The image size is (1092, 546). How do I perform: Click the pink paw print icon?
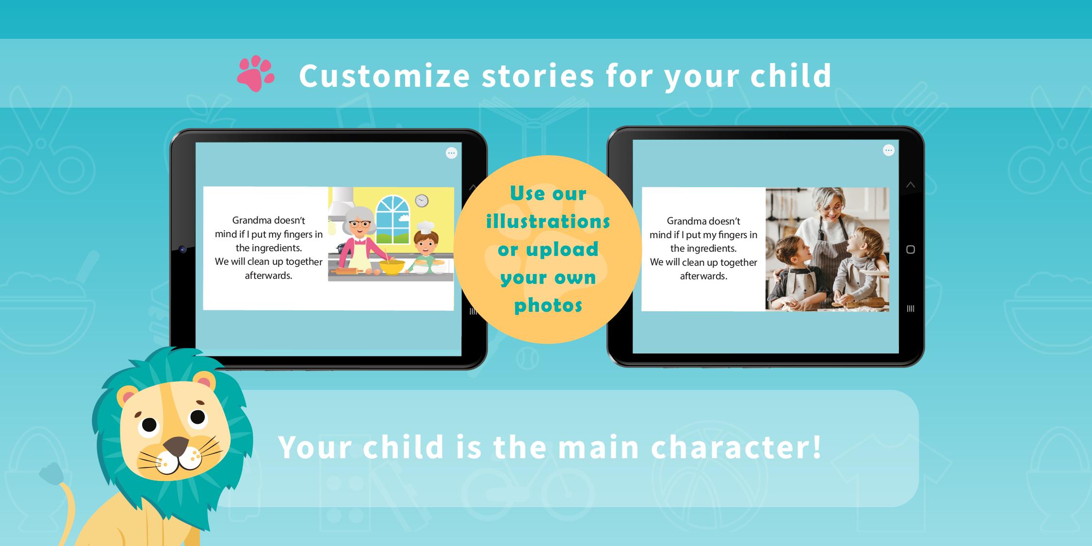pos(256,73)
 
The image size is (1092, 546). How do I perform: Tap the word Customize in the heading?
pos(385,76)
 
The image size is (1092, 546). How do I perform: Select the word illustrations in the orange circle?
pos(548,222)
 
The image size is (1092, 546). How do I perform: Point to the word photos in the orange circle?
pos(548,305)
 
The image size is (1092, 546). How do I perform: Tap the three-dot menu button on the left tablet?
pos(452,153)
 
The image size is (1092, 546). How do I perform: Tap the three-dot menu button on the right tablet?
pos(888,150)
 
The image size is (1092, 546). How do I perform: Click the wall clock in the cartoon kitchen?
pos(422,200)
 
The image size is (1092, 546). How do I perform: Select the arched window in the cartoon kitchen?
pos(392,219)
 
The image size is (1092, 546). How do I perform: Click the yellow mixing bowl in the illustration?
pos(392,267)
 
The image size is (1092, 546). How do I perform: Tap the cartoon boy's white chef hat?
pos(425,227)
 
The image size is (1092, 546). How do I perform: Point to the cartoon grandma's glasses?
pos(360,225)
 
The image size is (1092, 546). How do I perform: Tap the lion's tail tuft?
pos(51,473)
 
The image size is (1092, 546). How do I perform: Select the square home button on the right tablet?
pos(911,250)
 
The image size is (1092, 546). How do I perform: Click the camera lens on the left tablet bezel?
pos(182,249)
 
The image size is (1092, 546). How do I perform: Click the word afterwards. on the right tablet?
pos(703,276)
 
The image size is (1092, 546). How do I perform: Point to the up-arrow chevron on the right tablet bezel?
pos(911,185)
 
